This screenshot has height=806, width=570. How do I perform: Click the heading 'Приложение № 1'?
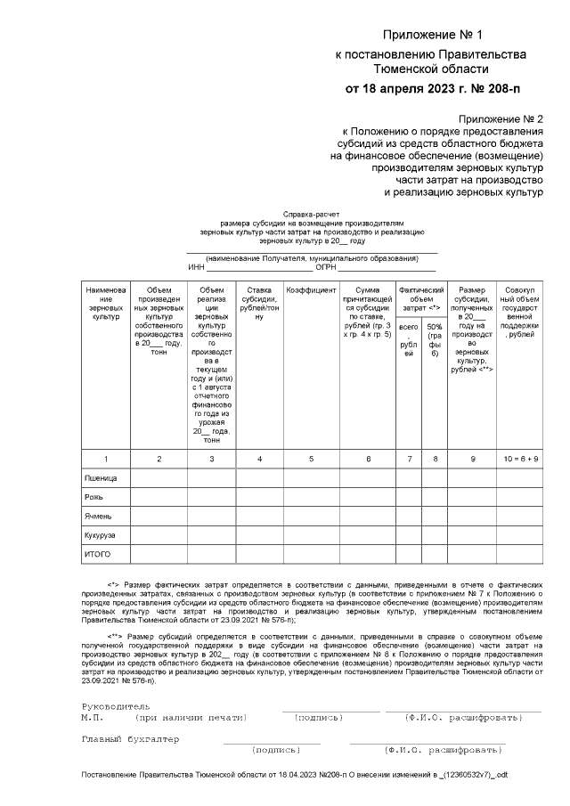[431, 36]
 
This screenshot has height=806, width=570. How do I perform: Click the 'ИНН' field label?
[197, 267]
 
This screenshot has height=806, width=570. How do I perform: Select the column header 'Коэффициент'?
[311, 290]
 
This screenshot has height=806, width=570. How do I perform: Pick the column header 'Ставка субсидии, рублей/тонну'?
[259, 303]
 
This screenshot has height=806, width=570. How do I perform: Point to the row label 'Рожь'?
[94, 497]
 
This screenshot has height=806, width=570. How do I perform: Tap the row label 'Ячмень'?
[99, 516]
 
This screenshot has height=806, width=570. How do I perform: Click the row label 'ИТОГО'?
[98, 555]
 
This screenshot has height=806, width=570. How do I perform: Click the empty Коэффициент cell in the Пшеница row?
[311, 478]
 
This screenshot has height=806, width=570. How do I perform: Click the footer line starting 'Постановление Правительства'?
[294, 775]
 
